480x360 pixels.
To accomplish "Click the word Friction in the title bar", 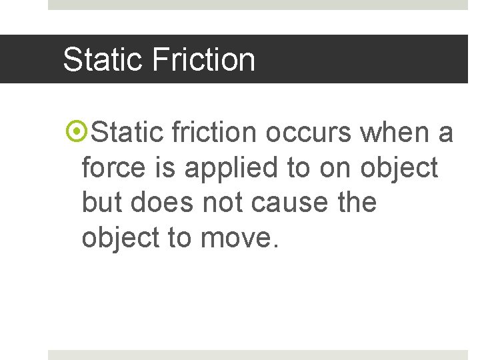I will pos(203,59).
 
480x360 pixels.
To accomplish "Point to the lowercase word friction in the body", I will pos(214,133).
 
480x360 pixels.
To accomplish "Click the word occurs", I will pos(309,133).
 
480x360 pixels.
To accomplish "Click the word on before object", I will pos(335,168).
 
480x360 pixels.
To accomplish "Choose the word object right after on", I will pos(399,169).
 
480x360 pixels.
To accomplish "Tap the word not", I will pos(219,203).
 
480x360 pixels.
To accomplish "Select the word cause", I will pos(287,203).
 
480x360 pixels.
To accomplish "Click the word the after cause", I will pos(356,202).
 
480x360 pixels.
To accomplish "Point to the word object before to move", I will pos(121,237).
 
